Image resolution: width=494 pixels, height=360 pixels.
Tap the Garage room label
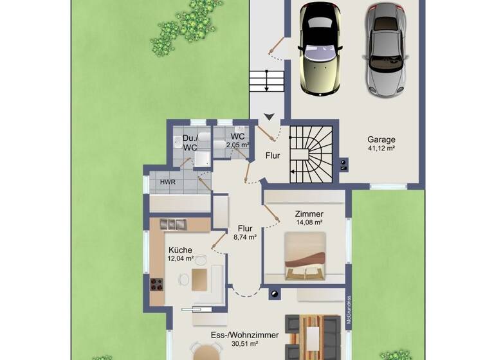tap(381, 139)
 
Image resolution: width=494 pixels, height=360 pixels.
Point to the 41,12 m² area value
tap(381, 148)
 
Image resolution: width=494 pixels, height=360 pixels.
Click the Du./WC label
tap(189, 143)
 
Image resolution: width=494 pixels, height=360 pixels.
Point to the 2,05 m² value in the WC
tap(237, 145)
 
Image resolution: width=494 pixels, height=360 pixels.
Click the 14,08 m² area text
tap(309, 222)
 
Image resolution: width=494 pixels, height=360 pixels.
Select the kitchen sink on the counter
tap(172, 224)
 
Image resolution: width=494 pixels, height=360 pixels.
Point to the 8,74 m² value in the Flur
tap(244, 237)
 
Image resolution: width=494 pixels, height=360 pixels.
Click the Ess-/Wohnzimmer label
tap(245, 335)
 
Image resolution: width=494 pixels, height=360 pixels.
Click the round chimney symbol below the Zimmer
tap(275, 295)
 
